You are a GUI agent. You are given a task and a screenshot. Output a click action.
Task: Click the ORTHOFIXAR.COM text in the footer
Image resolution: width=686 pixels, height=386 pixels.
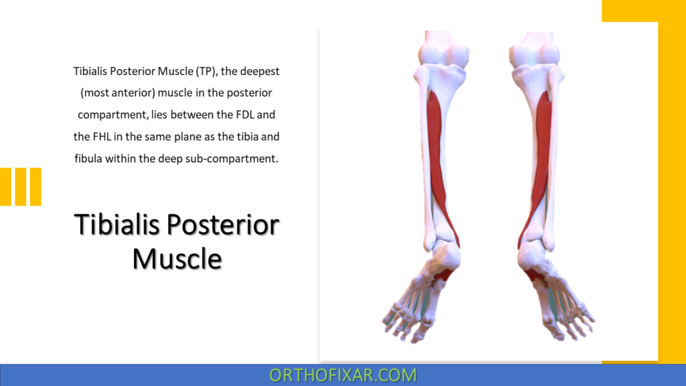tap(343, 375)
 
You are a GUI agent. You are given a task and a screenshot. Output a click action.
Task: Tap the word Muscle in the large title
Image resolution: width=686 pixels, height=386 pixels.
tap(177, 258)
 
